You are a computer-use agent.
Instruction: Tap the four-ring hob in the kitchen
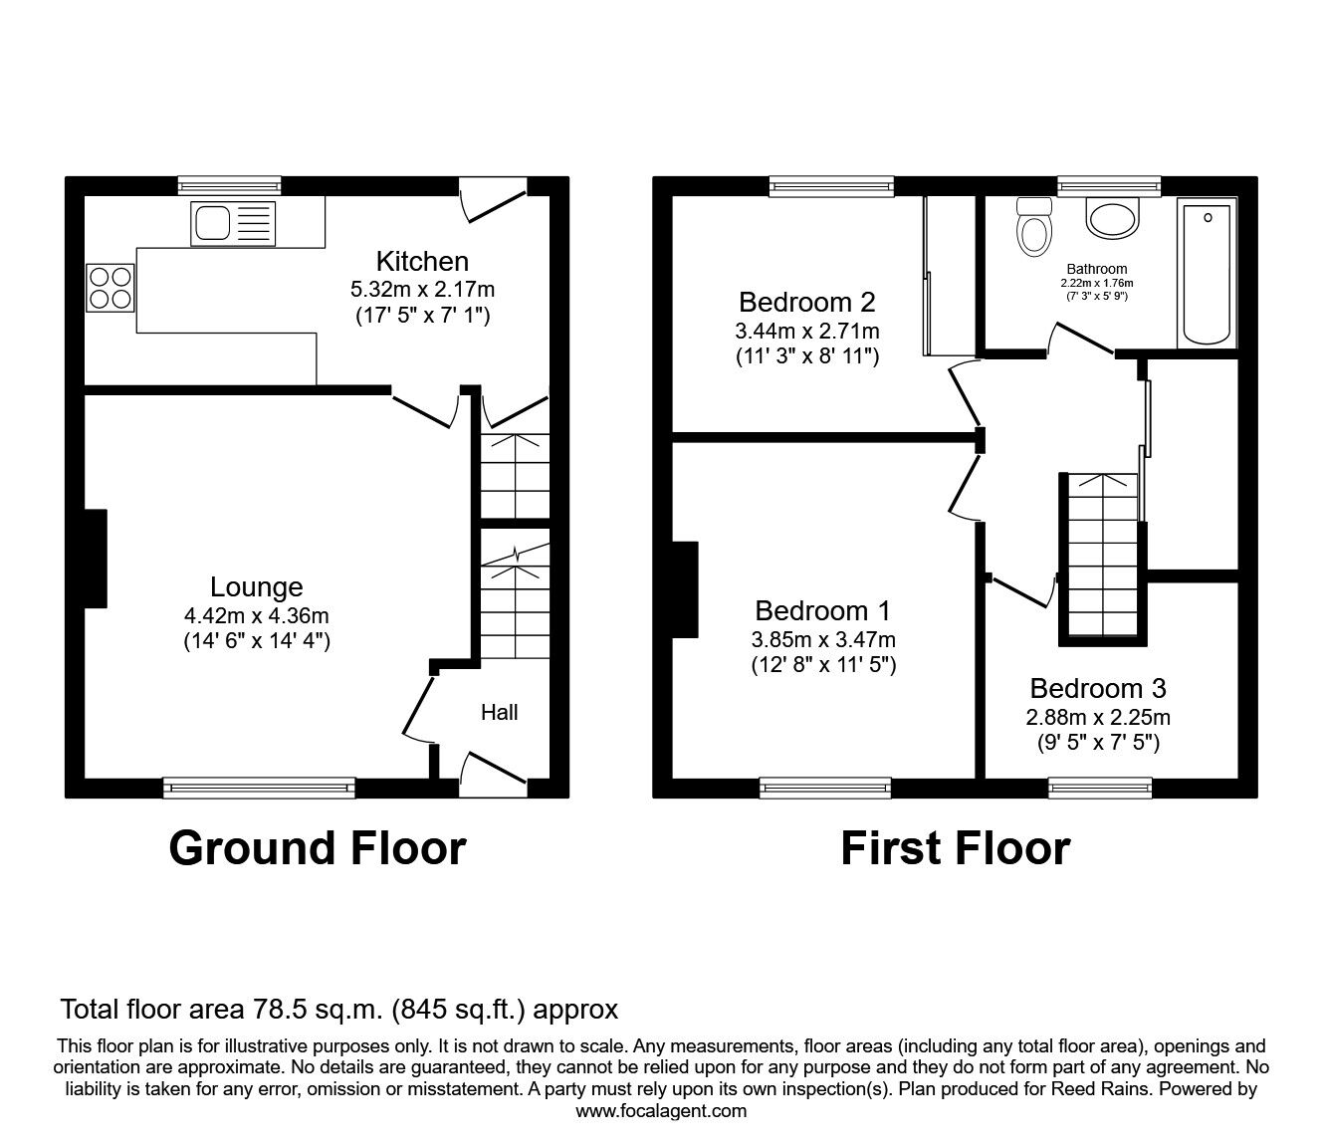[110, 286]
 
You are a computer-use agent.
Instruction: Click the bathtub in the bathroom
[1207, 272]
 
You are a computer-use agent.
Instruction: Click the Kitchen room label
[422, 261]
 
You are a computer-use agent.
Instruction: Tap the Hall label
[499, 712]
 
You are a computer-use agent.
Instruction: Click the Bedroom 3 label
[1098, 688]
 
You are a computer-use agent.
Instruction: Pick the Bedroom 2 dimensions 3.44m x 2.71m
[807, 331]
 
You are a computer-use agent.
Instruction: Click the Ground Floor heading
[317, 848]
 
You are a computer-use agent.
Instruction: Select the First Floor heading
[955, 848]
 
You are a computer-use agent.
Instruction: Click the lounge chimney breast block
[95, 558]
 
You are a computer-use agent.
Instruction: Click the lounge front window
[259, 788]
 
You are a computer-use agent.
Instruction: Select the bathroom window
[1108, 185]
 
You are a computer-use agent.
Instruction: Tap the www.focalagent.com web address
[661, 1111]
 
